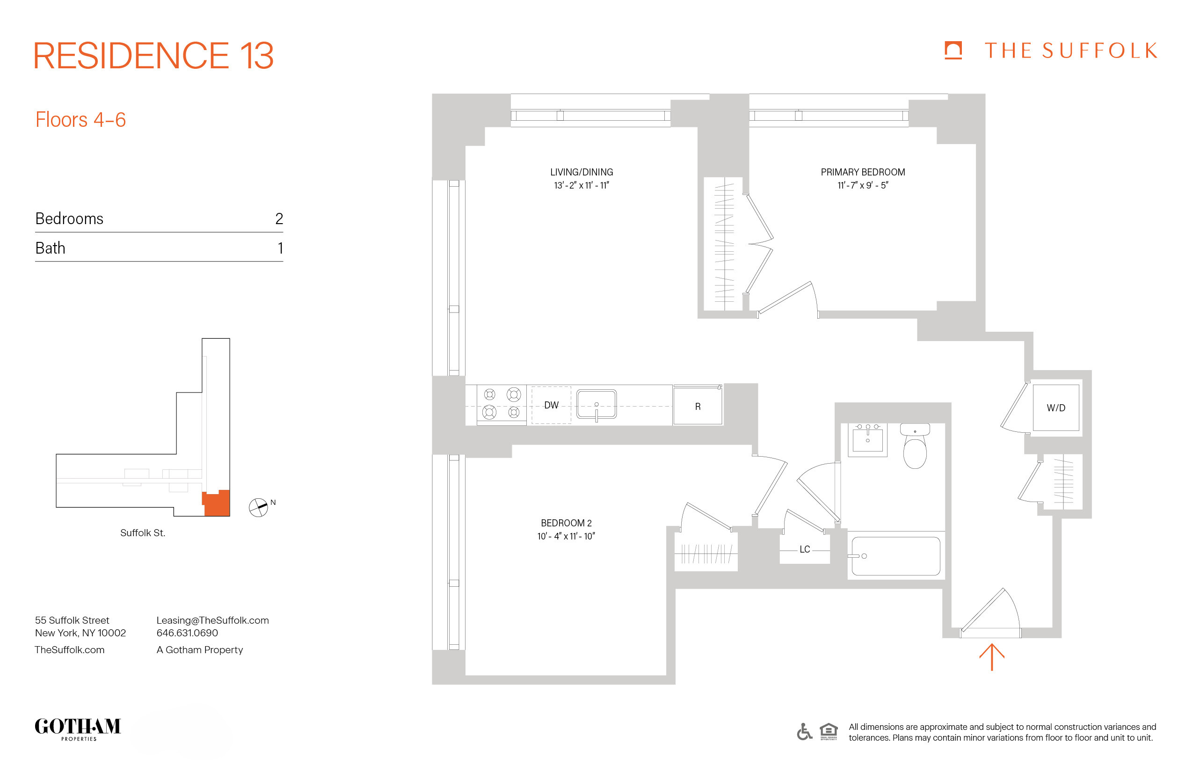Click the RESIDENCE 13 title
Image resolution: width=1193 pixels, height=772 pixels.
tap(153, 56)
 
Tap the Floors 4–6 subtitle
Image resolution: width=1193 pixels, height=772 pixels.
tap(80, 120)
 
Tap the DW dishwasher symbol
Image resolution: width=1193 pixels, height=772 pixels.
tap(551, 405)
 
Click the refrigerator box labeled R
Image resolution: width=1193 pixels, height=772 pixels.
tap(697, 407)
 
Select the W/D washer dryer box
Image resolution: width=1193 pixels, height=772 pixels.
tap(1055, 408)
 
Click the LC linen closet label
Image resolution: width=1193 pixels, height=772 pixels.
tap(805, 549)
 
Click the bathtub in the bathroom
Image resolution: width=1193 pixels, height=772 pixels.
tap(896, 556)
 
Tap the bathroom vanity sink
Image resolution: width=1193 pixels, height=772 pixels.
tap(867, 439)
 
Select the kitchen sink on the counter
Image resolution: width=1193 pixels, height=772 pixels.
tap(596, 404)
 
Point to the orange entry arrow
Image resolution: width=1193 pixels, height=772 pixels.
tap(991, 657)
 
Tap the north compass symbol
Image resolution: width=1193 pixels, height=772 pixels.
tap(259, 507)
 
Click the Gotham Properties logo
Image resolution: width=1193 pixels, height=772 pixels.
tap(78, 728)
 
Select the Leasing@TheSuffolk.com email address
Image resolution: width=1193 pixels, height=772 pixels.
tap(212, 620)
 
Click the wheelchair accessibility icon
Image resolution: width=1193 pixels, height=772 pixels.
tap(804, 731)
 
